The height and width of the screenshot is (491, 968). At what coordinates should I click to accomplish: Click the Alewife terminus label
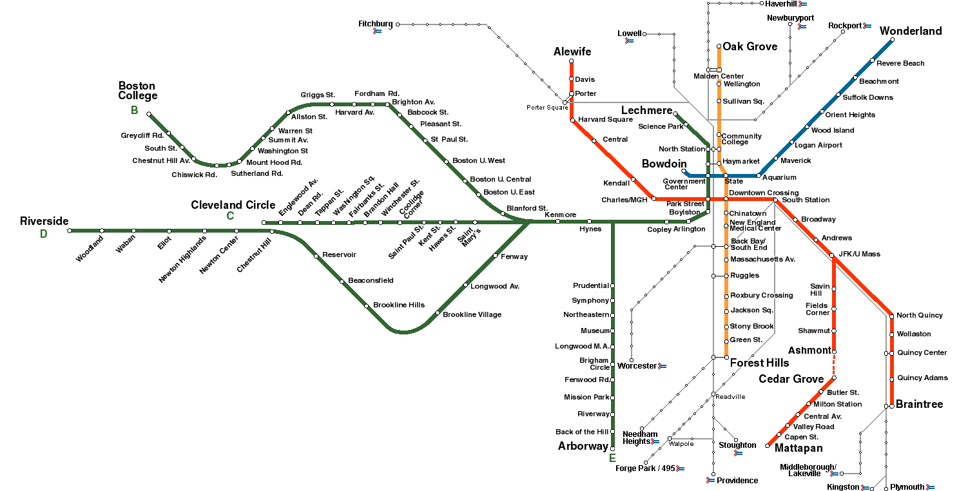coord(572,52)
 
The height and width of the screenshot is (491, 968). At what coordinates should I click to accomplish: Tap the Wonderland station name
coord(911,31)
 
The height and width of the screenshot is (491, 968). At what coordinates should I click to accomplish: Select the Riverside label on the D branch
coord(44,221)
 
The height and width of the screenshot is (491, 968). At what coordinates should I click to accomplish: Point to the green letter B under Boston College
coord(135,110)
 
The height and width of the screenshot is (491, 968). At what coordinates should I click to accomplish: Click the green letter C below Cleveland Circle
coord(230,216)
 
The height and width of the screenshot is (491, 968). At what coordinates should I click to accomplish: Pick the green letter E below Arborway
coord(612,458)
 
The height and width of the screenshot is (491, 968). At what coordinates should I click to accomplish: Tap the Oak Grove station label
coord(750,46)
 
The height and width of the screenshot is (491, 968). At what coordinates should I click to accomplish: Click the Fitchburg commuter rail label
coord(375,24)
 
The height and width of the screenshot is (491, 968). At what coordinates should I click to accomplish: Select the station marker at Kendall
coord(633,179)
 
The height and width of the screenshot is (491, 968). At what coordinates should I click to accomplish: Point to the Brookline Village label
coord(472,314)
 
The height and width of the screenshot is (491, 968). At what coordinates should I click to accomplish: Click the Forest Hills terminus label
coord(759,363)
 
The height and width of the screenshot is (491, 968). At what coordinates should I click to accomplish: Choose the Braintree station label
coord(919,404)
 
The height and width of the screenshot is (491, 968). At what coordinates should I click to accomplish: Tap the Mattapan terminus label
coord(798,448)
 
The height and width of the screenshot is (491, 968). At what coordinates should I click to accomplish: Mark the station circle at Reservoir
coord(316,256)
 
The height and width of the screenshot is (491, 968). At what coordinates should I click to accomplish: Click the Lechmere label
coord(646,110)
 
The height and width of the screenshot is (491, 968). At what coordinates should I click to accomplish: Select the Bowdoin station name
coord(664,164)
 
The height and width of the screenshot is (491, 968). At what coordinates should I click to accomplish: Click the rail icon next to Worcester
coord(662,366)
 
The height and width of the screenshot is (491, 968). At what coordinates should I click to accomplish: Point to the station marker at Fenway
coord(495,256)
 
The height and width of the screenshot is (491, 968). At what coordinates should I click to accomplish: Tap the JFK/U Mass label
coord(859,254)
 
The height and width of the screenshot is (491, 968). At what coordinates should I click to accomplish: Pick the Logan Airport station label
coord(818,145)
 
